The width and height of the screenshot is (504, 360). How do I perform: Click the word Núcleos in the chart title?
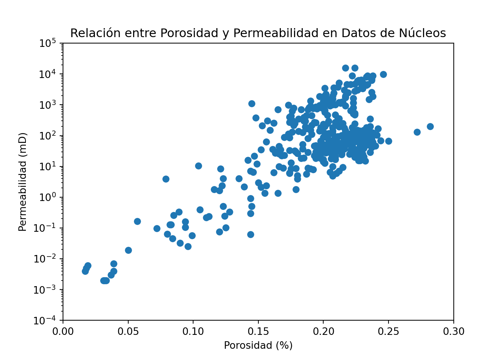pos(424,33)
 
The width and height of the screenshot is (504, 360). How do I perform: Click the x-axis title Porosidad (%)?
pos(258,345)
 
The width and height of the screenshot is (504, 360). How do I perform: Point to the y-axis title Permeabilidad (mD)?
pos(23,181)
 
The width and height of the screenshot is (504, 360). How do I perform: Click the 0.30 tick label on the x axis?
pos(453,332)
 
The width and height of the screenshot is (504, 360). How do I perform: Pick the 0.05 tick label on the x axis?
pos(128,332)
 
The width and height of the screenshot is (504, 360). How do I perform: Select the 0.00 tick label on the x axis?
pos(63,332)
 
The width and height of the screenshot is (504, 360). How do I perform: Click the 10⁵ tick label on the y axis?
pos(48,44)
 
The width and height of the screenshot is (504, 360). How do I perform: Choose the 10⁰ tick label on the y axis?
pos(48,198)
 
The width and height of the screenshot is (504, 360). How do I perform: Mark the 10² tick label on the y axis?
pos(48,136)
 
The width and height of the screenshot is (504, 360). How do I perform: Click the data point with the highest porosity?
pos(430,126)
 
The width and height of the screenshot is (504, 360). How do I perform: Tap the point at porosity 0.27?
pos(417,132)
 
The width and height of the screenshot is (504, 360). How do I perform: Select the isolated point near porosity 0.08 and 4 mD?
pos(166,179)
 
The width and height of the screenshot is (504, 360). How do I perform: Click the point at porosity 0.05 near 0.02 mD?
pos(128,250)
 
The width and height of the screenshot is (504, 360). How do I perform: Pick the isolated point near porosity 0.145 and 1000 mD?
pos(252,103)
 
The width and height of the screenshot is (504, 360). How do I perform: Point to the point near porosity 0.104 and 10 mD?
pos(198,166)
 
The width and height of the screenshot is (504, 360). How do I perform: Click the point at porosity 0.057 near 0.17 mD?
pos(137,221)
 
